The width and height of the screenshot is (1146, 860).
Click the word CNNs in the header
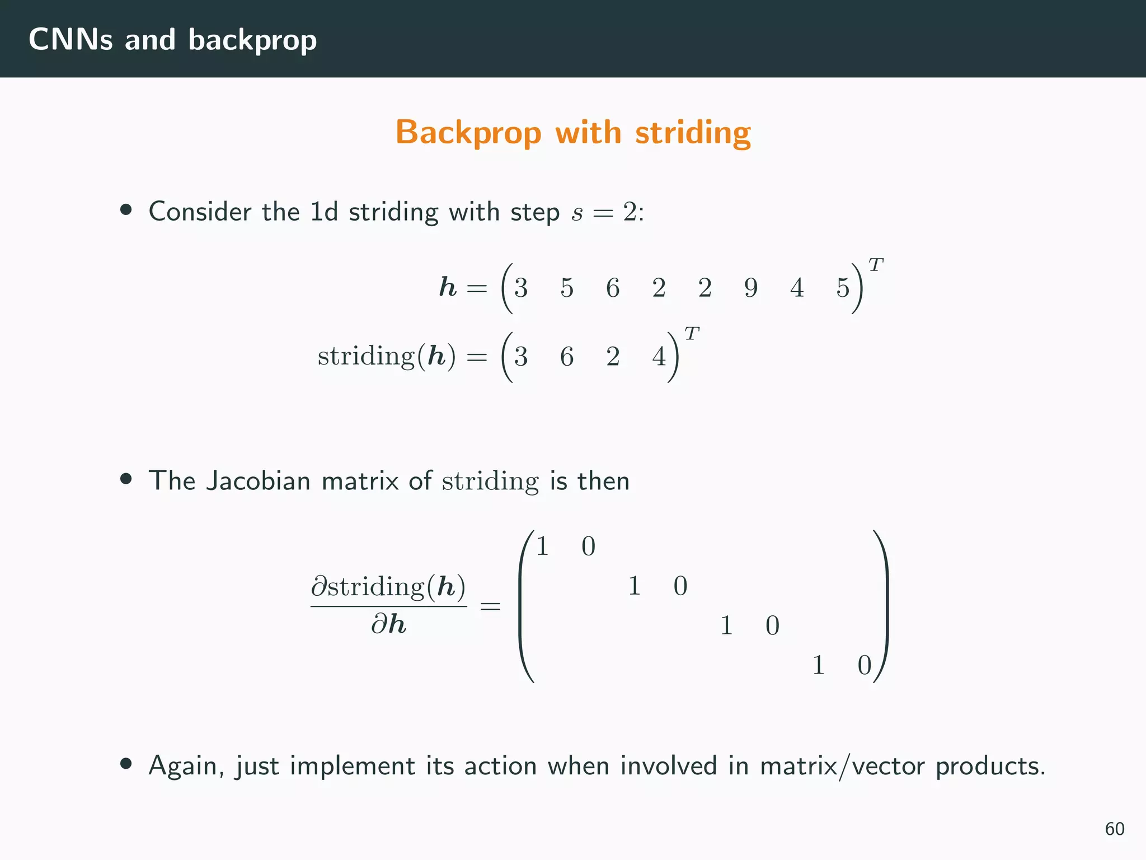pos(71,40)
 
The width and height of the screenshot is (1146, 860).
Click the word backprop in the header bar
pos(252,41)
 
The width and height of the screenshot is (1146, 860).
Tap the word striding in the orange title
pos(693,133)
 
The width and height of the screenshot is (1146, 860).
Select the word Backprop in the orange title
pos(469,133)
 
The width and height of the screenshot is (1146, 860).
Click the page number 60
pos(1115,829)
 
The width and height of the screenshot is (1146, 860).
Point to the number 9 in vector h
pos(751,288)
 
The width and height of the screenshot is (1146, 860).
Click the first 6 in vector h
pos(613,288)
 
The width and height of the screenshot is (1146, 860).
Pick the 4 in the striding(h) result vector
pos(659,357)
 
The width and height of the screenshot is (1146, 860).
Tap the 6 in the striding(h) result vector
pos(567,357)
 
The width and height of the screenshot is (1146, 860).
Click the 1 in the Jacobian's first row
pos(542,546)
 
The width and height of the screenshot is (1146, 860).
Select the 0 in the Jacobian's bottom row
pos(865,665)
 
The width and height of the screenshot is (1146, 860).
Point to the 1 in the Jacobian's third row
pos(726,625)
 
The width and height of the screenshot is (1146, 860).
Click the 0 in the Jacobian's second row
pos(680,586)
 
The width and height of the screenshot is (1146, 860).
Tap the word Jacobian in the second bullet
pos(258,481)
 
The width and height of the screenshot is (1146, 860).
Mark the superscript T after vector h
pos(876,264)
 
